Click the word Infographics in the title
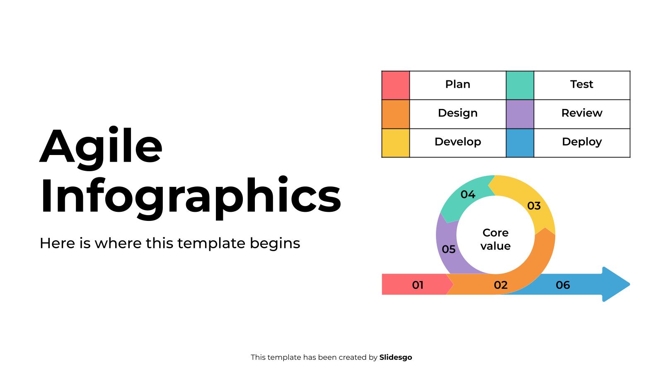[190, 196]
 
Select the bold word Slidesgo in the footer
[395, 357]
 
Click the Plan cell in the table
[457, 85]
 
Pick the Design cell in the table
[457, 113]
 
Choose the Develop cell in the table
[457, 142]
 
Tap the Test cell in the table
[581, 85]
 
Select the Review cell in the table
[581, 113]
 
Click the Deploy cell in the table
[581, 142]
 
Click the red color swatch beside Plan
[395, 85]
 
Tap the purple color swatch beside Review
[520, 114]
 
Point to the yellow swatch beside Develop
[395, 143]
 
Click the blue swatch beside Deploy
[520, 143]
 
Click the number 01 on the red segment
[418, 285]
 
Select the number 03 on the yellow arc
[534, 206]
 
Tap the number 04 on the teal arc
[468, 194]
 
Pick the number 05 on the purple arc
[448, 249]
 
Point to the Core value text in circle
[495, 239]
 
